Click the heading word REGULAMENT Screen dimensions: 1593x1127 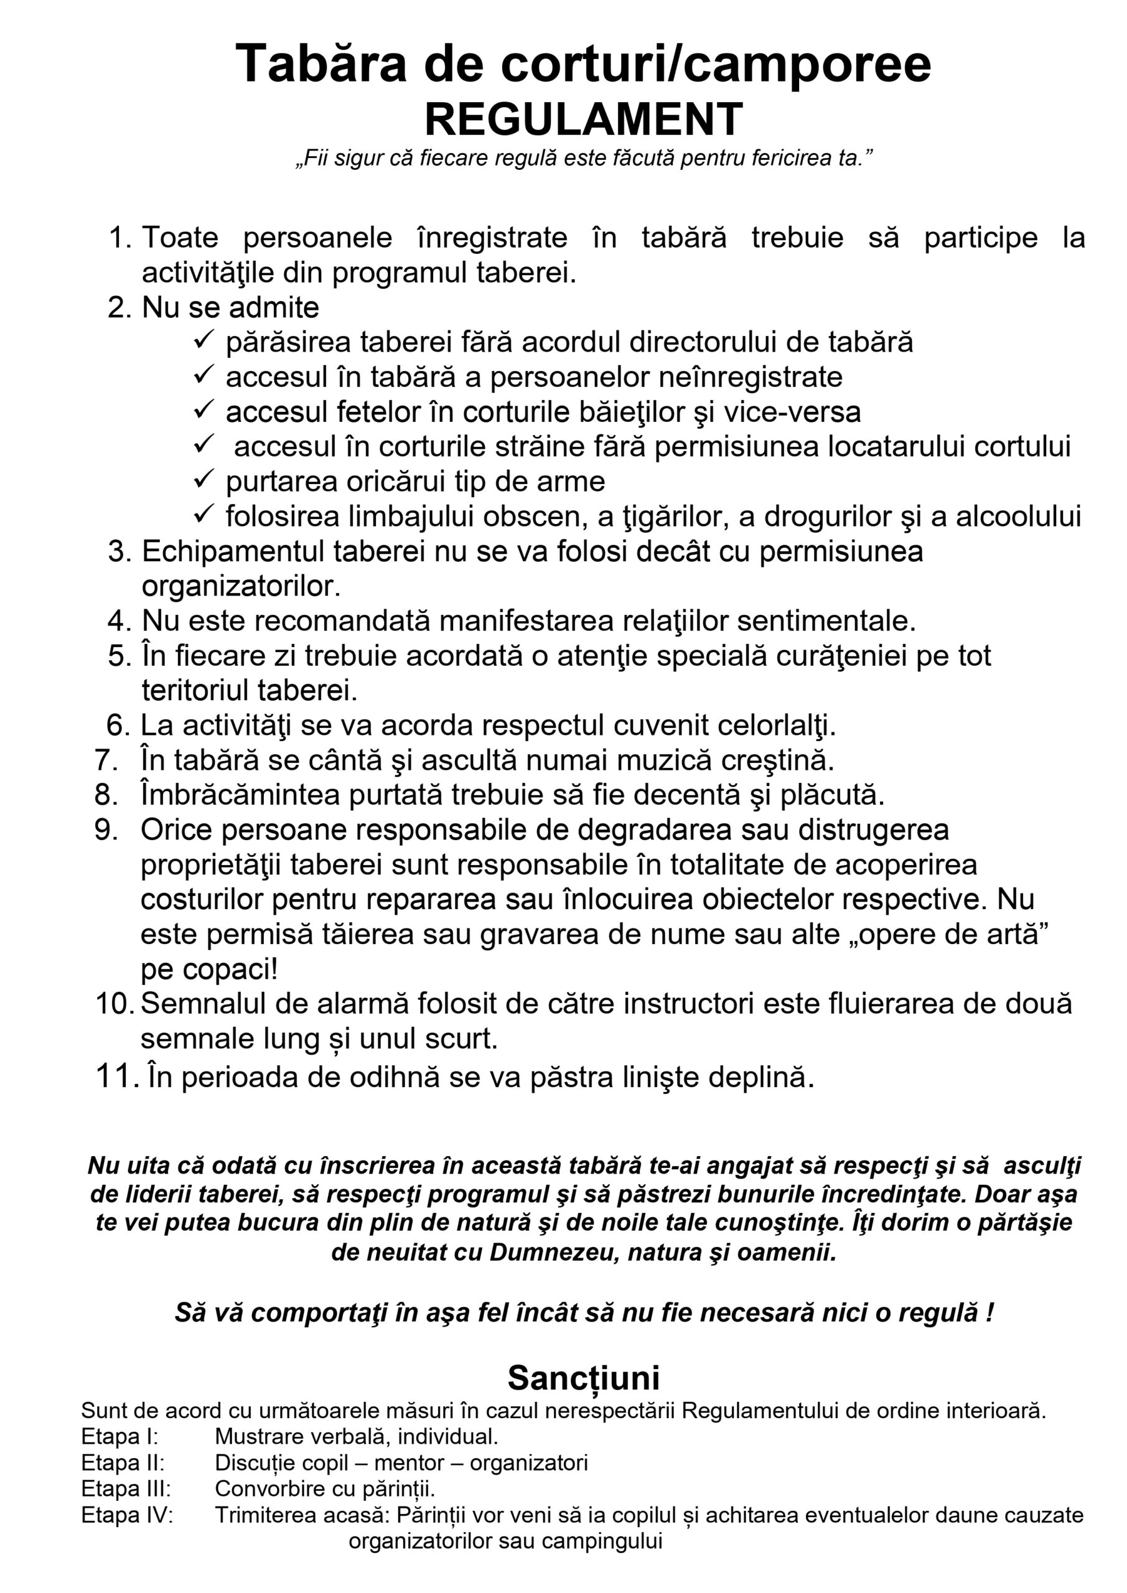click(584, 119)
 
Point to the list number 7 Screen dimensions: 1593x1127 click(106, 760)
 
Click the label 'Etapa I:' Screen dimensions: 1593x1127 click(119, 1436)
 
